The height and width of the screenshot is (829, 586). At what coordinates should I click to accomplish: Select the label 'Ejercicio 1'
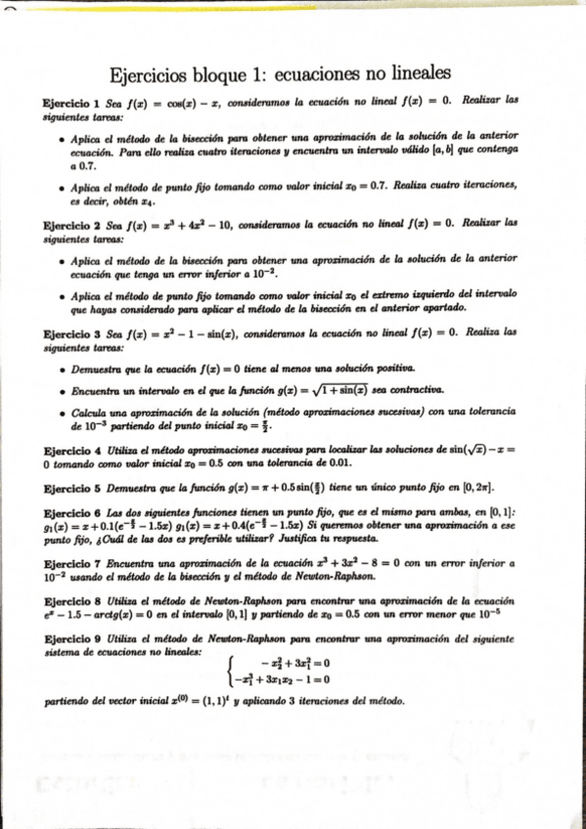pos(65,101)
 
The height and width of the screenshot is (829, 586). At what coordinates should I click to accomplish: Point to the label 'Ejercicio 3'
pos(65,332)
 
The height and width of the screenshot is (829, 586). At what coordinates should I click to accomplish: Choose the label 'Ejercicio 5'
pos(65,487)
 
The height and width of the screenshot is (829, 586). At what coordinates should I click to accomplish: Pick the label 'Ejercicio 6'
pos(65,512)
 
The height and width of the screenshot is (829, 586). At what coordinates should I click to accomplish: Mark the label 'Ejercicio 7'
pos(65,564)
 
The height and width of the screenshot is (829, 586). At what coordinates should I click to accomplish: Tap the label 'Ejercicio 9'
pos(65,637)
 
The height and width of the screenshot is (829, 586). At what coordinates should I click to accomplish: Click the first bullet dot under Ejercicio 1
pos(63,139)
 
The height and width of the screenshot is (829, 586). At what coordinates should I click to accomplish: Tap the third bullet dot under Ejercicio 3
pos(63,414)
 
